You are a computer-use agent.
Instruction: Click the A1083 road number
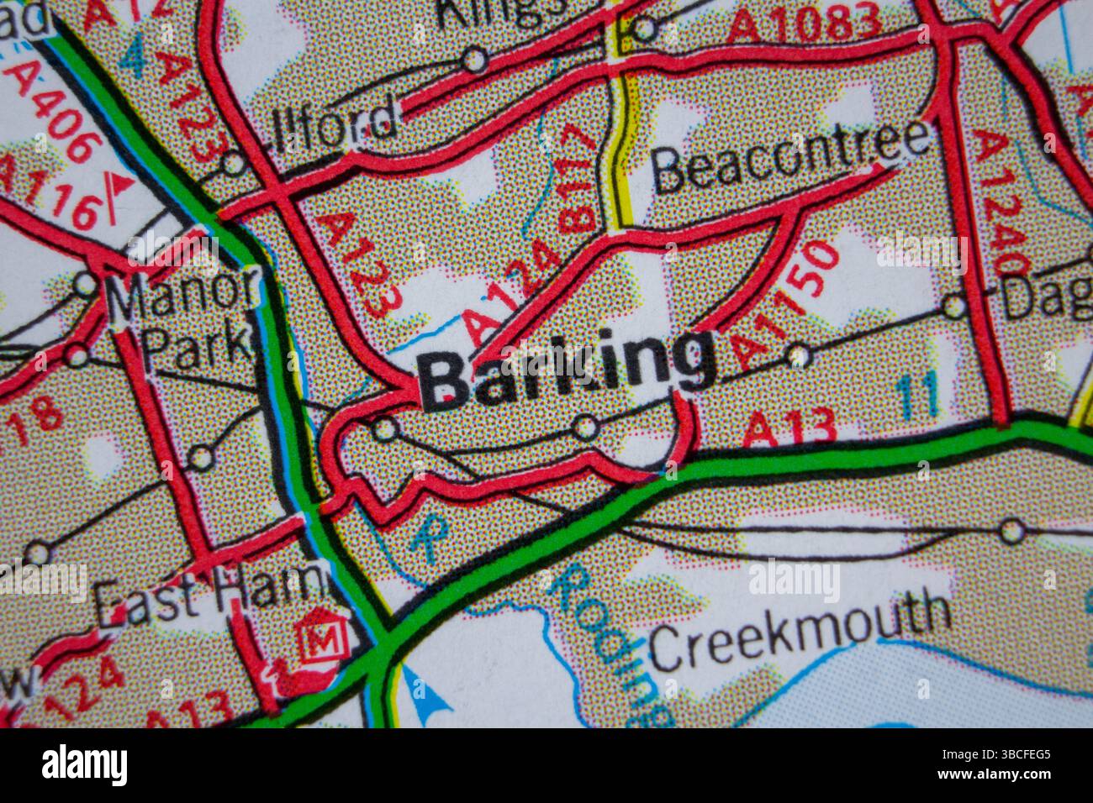[x=803, y=24]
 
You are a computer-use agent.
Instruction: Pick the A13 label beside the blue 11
[x=790, y=428]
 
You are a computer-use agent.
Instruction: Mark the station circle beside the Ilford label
[x=234, y=164]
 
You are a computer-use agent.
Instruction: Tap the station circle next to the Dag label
[x=953, y=305]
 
